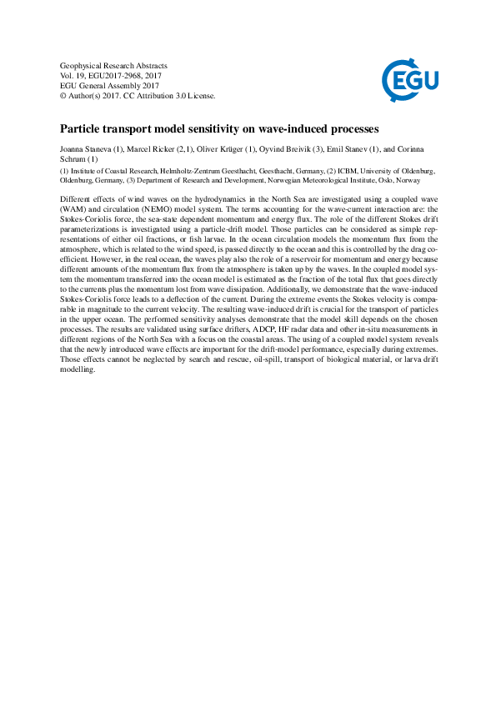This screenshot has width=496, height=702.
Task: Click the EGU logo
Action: point(409,81)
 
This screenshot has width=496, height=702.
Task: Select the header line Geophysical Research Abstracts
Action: point(114,65)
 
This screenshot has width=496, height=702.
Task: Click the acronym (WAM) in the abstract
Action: point(73,208)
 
